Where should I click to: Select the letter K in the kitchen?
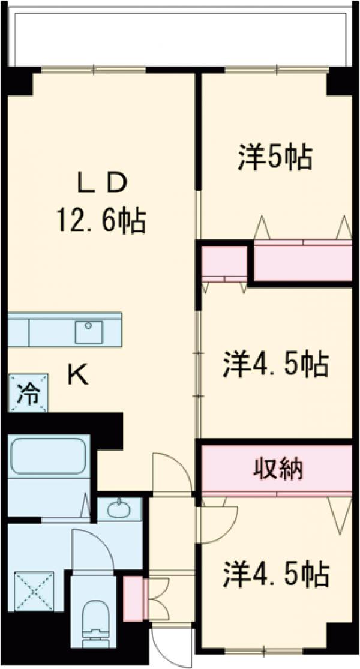click(78, 376)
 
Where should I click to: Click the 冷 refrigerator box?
click(28, 393)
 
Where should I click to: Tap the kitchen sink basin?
click(88, 331)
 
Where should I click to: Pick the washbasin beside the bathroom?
click(119, 510)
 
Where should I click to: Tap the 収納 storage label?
click(276, 469)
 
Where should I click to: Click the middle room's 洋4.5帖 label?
click(276, 365)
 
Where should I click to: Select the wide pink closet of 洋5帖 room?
click(303, 262)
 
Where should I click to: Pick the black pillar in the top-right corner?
click(340, 84)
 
